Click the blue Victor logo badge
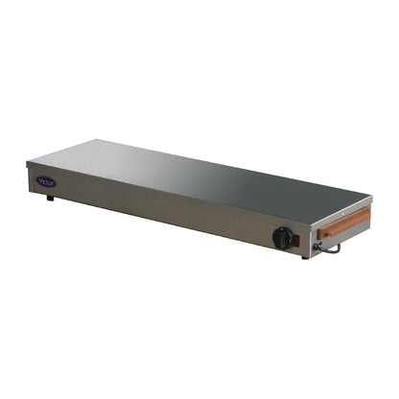[46, 180]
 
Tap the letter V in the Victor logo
[40, 179]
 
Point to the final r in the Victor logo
[53, 182]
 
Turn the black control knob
[282, 238]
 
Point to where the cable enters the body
[317, 246]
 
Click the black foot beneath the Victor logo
[50, 198]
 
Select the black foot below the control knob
[305, 257]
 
